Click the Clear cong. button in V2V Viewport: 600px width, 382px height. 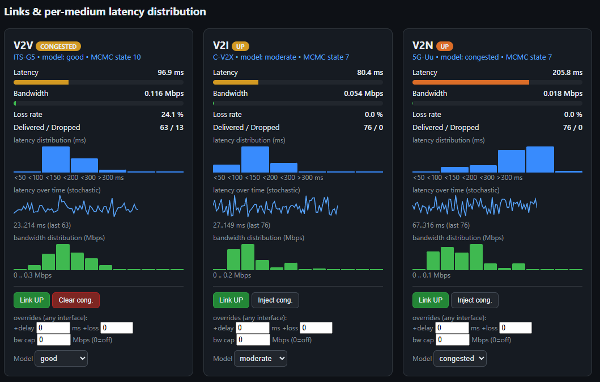(76, 300)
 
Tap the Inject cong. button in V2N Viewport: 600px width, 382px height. (474, 300)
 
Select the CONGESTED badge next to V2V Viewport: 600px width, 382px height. (58, 47)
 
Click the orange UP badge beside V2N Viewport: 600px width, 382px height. (445, 47)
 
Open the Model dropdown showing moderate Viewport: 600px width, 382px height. (261, 359)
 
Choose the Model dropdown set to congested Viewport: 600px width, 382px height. (460, 359)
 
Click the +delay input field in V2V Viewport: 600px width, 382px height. (53, 328)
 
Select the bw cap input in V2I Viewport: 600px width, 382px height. (253, 340)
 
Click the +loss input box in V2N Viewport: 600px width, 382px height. (516, 328)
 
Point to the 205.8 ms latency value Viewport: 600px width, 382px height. (568, 73)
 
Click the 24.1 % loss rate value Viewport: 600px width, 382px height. (172, 114)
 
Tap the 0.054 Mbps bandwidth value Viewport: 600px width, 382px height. (364, 93)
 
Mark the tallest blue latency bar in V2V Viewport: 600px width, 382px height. (56, 159)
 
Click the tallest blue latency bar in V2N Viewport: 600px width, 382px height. (540, 159)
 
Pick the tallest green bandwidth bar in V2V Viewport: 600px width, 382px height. (63, 257)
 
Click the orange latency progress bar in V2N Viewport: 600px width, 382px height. (471, 82)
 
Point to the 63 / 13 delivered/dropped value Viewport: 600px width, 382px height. (172, 127)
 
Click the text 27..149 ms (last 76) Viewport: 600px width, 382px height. (242, 225)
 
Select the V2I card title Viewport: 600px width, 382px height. (221, 45)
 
